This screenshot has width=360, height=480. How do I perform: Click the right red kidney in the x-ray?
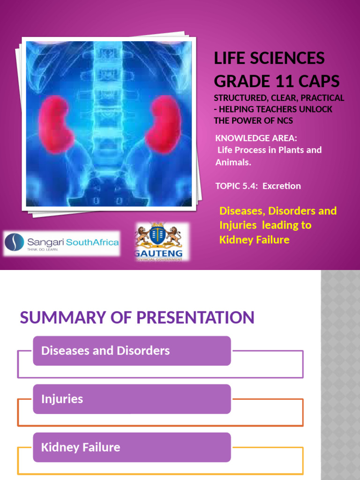coord(163,123)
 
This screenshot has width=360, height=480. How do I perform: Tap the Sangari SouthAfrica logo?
coord(61,243)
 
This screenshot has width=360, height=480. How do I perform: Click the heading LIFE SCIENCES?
coord(269,58)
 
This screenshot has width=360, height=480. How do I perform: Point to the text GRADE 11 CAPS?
coord(277,81)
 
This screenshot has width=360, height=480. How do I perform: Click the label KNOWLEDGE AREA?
coord(256,138)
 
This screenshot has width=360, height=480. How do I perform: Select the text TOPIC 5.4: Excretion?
coord(258,186)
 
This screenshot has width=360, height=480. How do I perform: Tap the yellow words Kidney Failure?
coord(254,240)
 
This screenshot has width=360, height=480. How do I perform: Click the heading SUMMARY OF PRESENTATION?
coord(137,317)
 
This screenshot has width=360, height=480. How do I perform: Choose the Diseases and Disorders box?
coord(132,351)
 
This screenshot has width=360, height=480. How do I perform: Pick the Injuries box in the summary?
coord(132,399)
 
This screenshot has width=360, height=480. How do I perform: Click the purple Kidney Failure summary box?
coord(132,447)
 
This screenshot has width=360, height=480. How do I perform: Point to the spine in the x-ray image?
coord(109,94)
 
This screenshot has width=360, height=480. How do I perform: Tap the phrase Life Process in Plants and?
coord(270,150)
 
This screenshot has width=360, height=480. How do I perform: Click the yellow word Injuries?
coord(238,225)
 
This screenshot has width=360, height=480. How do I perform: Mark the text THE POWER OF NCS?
coord(254,120)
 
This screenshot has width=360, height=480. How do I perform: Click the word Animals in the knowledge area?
coord(233,162)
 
